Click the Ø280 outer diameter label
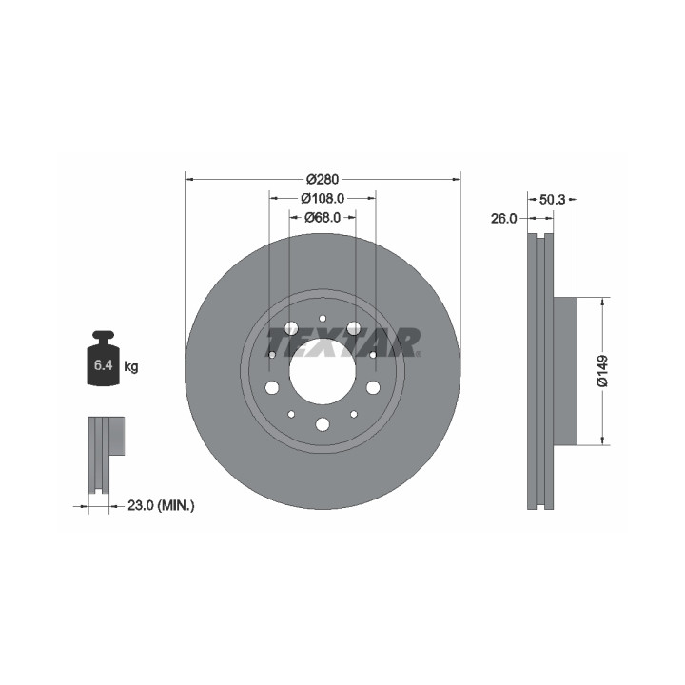323,179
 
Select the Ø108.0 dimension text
323,198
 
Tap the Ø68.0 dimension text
323,217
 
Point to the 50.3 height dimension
552,200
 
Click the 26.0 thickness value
503,219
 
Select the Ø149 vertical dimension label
602,371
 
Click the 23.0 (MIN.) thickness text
161,506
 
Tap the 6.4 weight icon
104,359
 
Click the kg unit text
131,366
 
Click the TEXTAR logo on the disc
343,342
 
